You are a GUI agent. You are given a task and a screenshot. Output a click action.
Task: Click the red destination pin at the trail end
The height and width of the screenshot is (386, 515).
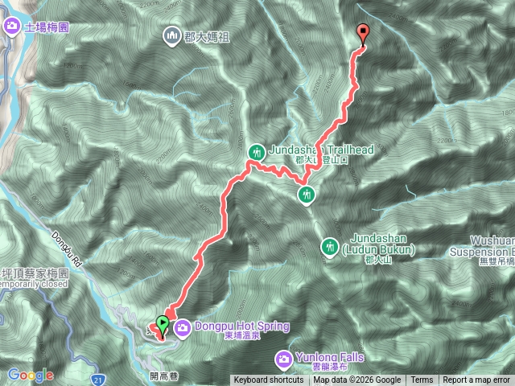pos(363,34)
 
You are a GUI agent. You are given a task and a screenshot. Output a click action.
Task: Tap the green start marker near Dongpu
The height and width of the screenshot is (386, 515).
pos(163,326)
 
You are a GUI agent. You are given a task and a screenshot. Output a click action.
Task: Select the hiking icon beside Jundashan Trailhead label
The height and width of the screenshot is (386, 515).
pos(257,151)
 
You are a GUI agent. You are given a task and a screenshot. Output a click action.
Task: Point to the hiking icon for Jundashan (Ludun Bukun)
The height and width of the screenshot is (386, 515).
pos(329,246)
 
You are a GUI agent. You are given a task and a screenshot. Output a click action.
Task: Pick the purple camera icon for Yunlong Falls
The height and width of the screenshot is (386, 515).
pos(284,357)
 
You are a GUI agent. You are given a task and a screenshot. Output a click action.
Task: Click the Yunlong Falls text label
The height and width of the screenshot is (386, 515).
pos(330,357)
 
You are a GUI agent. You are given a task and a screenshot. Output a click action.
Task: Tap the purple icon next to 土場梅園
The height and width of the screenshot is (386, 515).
pos(12,27)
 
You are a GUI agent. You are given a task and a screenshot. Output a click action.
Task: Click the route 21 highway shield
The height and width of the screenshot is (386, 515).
pos(97,378)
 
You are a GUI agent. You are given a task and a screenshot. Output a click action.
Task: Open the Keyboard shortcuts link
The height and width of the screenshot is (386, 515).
pos(269,380)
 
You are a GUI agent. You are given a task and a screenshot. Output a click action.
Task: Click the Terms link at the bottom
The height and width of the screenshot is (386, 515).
pos(422,380)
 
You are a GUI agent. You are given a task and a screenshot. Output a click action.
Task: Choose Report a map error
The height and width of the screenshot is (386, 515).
pos(476,380)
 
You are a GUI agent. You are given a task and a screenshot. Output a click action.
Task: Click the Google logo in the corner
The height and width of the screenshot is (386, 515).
pos(31,375)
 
